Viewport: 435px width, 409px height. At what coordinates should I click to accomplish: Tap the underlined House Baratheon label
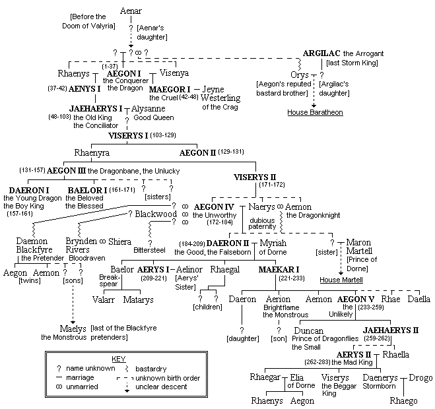(x=314, y=113)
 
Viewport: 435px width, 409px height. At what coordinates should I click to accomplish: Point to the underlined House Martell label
(x=341, y=279)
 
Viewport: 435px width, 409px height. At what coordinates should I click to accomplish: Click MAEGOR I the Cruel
(x=170, y=89)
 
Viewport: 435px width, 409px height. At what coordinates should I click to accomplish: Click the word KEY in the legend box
(x=119, y=358)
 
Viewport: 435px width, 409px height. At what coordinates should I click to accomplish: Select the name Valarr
(x=104, y=299)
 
